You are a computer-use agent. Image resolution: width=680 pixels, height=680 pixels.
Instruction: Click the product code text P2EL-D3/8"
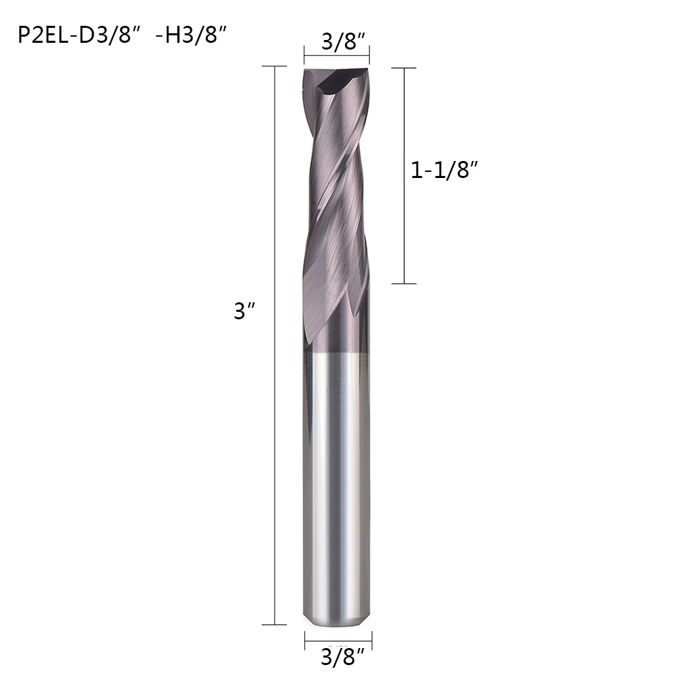pos(75,35)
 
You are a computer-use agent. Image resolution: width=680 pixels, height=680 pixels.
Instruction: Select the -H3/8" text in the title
pos(191,35)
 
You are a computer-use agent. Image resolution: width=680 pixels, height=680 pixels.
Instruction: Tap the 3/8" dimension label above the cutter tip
pos(344,41)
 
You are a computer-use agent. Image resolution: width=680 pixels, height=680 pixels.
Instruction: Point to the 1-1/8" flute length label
pos(444,170)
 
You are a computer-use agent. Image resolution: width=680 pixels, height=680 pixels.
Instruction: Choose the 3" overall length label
pos(244,311)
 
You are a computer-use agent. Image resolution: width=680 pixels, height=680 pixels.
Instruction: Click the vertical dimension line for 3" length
pos(274,345)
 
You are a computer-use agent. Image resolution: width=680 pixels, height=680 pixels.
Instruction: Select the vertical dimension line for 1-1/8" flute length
pos(404,176)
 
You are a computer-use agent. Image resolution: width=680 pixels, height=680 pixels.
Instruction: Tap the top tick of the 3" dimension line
pos(274,67)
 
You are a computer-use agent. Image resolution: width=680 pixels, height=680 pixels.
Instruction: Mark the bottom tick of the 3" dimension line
pos(274,625)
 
